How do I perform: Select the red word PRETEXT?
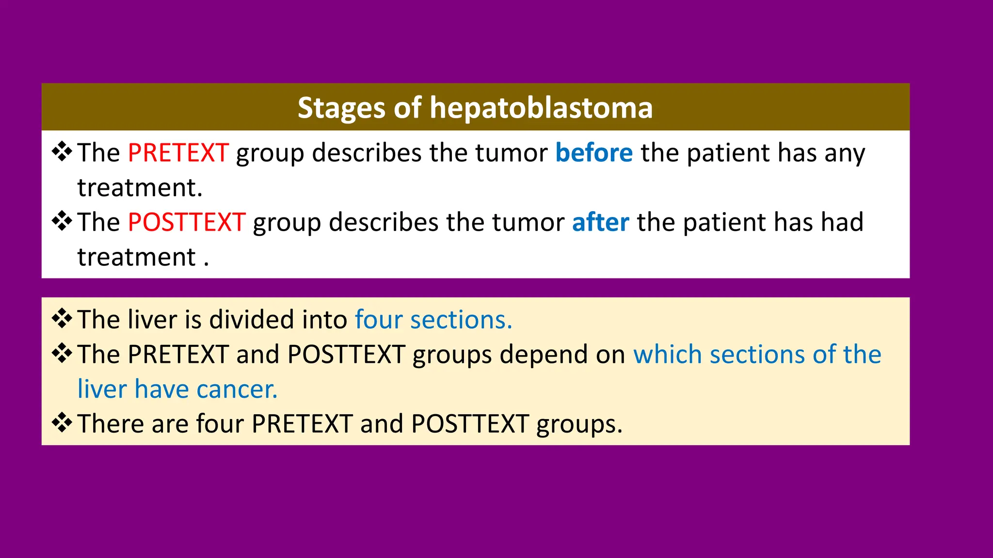[x=178, y=153]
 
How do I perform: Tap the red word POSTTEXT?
[x=187, y=222]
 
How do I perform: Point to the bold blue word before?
[x=593, y=153]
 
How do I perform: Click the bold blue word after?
[x=600, y=222]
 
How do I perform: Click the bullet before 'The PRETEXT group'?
[x=62, y=152]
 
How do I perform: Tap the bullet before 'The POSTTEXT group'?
[x=62, y=221]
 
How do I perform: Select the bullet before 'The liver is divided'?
[x=62, y=319]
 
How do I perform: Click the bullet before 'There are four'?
[x=62, y=423]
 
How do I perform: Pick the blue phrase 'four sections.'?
[x=433, y=320]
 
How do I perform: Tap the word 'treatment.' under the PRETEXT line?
[x=140, y=188]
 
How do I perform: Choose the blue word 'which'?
[x=667, y=354]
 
